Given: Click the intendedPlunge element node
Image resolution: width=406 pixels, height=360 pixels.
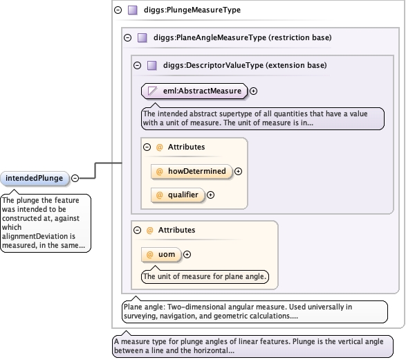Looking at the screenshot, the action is (35, 179).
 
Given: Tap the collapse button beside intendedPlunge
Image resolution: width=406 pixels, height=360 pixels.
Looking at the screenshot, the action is (75, 179).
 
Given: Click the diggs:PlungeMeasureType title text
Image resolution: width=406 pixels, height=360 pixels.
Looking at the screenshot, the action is (192, 10).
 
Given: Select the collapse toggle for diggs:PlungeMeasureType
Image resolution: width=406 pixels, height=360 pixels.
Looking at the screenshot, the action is (118, 10).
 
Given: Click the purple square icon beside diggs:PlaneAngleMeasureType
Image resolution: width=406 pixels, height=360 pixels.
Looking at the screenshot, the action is (142, 38).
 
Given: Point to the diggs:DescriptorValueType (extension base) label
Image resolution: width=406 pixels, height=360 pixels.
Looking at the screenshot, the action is (245, 65).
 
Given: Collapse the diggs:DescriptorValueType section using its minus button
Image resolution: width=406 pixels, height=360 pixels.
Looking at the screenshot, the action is (137, 65).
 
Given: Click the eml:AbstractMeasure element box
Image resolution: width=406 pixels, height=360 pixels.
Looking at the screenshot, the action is (194, 91).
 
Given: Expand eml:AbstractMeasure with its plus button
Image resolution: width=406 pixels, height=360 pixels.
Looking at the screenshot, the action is (253, 91).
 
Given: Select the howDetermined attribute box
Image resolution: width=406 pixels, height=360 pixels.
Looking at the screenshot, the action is (191, 171).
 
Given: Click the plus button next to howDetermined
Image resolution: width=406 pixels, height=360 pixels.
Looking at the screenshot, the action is (238, 171).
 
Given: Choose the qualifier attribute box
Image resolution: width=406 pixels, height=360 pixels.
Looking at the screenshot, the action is (177, 195).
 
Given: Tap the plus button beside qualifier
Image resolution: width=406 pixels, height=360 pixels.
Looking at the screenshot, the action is (210, 195).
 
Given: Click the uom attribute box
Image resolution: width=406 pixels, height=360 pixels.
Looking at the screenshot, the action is (160, 255).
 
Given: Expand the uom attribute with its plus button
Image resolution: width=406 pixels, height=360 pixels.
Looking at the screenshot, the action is (187, 255).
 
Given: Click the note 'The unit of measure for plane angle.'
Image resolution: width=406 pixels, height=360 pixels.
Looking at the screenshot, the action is (205, 276).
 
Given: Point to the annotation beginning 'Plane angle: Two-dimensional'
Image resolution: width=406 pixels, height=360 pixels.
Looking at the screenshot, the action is (255, 312).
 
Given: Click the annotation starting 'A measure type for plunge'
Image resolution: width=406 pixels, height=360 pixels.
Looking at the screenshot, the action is (252, 346).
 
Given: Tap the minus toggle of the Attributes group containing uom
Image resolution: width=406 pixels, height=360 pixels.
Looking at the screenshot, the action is (137, 230).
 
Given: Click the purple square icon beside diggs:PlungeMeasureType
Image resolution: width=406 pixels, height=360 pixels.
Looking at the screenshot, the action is (133, 10).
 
